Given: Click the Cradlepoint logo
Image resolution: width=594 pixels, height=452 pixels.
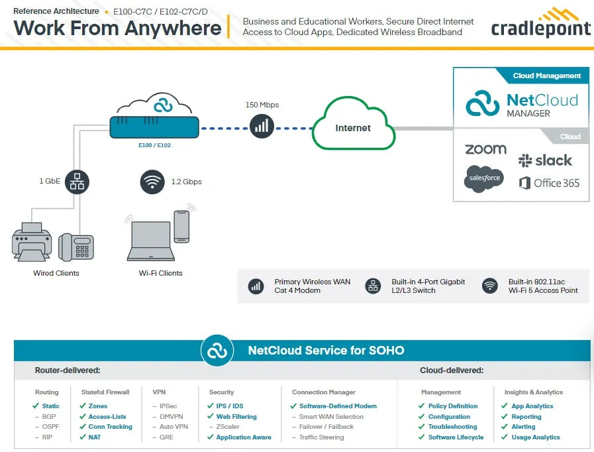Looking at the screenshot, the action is coord(540,23).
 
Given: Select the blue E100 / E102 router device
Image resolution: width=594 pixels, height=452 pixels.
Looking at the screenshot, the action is coord(154,127).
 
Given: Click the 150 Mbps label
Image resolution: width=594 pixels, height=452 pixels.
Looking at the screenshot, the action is coord(262,105).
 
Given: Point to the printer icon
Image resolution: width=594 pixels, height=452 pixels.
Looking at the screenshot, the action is coord(32,242).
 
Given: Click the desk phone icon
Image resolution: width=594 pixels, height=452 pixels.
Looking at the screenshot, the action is coord(75,247).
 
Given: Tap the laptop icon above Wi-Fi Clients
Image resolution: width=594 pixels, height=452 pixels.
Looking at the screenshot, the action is coord(151,241).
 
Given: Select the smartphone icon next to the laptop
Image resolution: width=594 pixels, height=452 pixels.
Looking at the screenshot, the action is coord(181,227).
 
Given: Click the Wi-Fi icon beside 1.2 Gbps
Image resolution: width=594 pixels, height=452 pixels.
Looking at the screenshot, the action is coord(152,182).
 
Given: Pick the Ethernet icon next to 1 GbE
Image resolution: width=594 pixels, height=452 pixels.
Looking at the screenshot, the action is coord(77,182).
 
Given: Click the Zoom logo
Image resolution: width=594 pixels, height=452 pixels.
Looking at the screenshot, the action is coord(485,149).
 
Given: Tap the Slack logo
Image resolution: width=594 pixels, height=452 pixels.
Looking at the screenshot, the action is coord(545,160).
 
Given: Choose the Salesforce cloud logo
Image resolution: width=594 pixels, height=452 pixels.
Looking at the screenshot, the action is coord(484,178).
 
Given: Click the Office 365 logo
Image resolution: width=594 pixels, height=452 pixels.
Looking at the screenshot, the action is coord(549,183).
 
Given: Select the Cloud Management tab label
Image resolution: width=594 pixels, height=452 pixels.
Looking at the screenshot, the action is coord(546,76).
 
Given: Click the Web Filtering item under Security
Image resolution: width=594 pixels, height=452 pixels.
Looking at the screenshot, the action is coord(236,416).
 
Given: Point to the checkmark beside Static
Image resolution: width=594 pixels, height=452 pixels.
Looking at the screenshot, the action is coord(36,406).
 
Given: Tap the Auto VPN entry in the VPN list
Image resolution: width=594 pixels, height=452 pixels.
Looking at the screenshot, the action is coord(173,427).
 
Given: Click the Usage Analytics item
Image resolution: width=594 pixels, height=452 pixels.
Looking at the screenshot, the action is coord(536,437).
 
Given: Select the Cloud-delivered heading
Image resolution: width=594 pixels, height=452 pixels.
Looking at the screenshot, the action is coord(452,370).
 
